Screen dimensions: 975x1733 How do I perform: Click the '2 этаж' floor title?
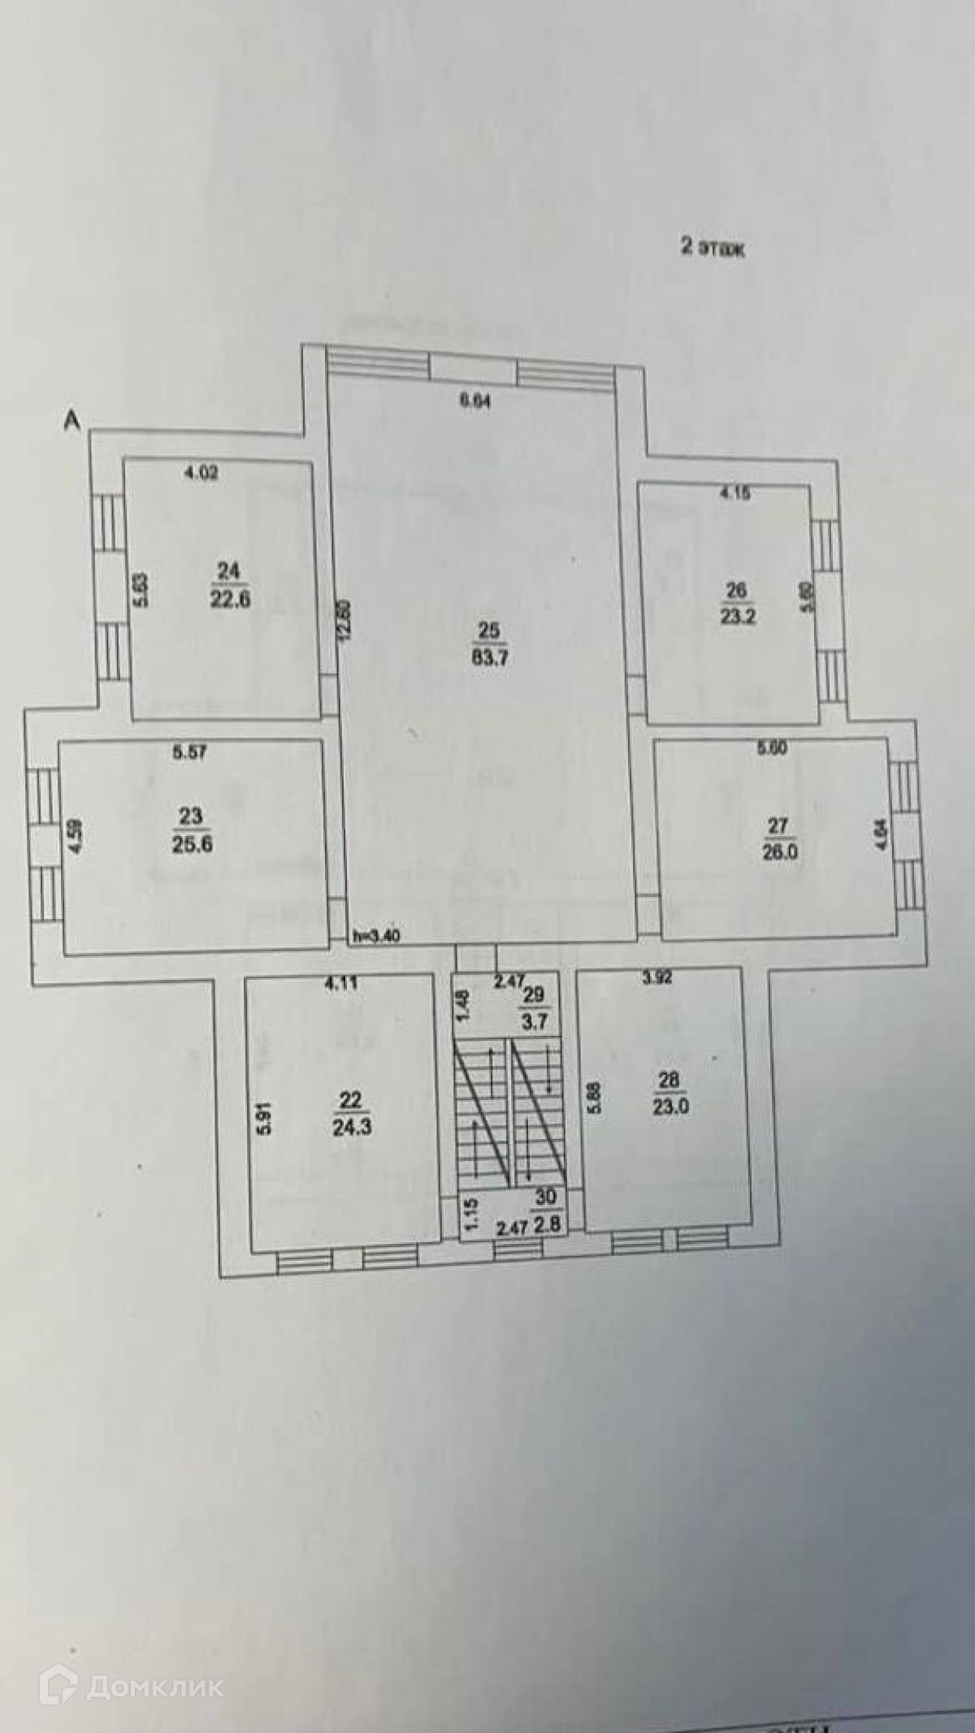pos(713,248)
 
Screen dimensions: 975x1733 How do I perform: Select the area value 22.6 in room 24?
pos(231,600)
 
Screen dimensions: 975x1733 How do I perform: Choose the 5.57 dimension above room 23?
pos(189,752)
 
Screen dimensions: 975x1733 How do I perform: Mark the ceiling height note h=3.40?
pos(376,936)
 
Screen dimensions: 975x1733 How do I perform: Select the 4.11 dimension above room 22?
pos(340,981)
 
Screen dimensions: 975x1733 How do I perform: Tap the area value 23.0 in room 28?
pos(671,1107)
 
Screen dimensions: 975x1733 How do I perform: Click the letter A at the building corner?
pos(73,419)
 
